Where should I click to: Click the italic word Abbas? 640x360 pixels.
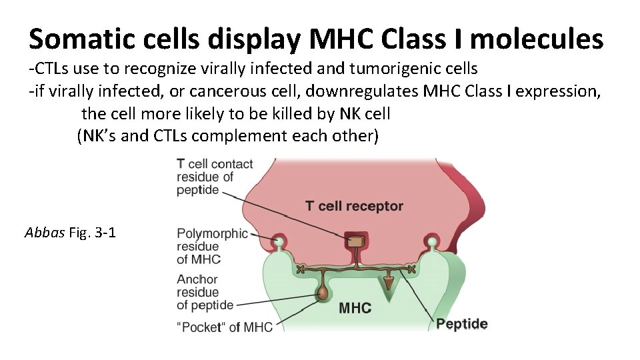(x=45, y=233)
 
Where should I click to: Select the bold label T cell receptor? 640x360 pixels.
(x=354, y=205)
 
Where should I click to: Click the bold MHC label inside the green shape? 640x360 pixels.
(x=355, y=308)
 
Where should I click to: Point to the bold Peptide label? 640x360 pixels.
(x=461, y=324)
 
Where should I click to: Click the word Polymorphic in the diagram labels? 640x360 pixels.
(x=212, y=233)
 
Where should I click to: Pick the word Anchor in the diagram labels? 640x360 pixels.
(x=197, y=279)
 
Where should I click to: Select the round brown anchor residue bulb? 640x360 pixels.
(x=323, y=291)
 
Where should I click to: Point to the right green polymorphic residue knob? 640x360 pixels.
(x=433, y=241)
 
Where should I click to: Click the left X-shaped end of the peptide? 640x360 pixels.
(x=300, y=269)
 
